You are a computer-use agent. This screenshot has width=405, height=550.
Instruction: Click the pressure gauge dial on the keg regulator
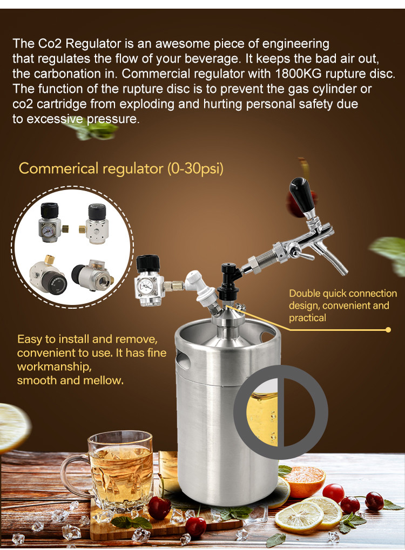pyautogui.click(x=145, y=286)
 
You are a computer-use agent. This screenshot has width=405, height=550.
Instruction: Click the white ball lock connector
pyautogui.click(x=199, y=288)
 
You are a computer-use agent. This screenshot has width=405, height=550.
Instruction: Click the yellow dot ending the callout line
pyautogui.click(x=388, y=330)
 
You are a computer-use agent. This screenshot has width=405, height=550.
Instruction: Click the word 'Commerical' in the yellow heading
pyautogui.click(x=59, y=169)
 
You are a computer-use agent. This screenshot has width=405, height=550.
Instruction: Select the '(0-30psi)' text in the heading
pyautogui.click(x=195, y=169)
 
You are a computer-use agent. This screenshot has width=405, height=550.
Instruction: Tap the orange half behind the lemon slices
pyautogui.click(x=304, y=480)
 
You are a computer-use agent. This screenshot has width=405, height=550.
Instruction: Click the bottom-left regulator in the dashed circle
pyautogui.click(x=48, y=275)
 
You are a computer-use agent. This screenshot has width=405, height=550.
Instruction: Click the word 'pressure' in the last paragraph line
pyautogui.click(x=113, y=119)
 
